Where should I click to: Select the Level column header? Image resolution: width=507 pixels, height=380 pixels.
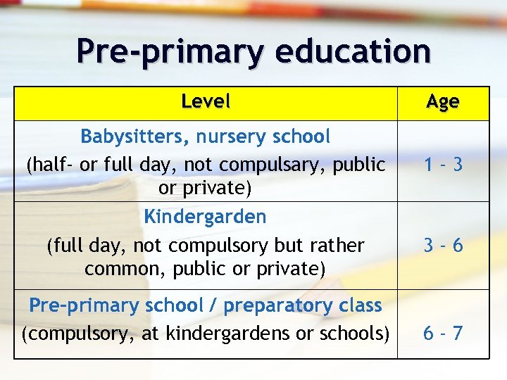(205, 102)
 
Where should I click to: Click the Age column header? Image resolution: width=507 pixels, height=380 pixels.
(443, 103)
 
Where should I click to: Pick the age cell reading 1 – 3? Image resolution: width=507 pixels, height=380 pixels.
(443, 165)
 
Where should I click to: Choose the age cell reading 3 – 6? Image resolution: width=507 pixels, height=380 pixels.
(443, 245)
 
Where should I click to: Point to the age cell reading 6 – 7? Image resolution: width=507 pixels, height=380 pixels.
(443, 333)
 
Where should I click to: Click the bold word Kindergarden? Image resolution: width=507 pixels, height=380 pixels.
(205, 217)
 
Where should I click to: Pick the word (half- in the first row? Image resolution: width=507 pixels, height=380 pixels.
(51, 165)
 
